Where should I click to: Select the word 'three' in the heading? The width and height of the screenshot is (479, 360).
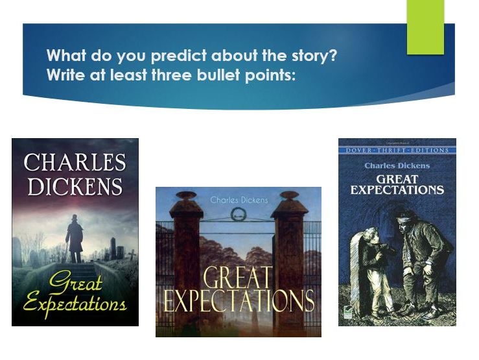(x=168, y=75)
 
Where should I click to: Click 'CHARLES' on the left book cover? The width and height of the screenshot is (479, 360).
(x=75, y=162)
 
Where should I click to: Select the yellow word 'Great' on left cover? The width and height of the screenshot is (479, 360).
(x=65, y=282)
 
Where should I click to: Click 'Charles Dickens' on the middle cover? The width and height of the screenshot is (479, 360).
(x=239, y=200)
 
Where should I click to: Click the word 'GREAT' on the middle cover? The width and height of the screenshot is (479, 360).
(x=238, y=278)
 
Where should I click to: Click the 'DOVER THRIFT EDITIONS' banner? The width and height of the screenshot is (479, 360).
(x=397, y=150)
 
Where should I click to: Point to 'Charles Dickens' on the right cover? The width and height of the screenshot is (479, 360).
(x=397, y=165)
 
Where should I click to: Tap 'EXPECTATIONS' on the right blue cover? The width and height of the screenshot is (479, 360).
(x=397, y=190)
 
